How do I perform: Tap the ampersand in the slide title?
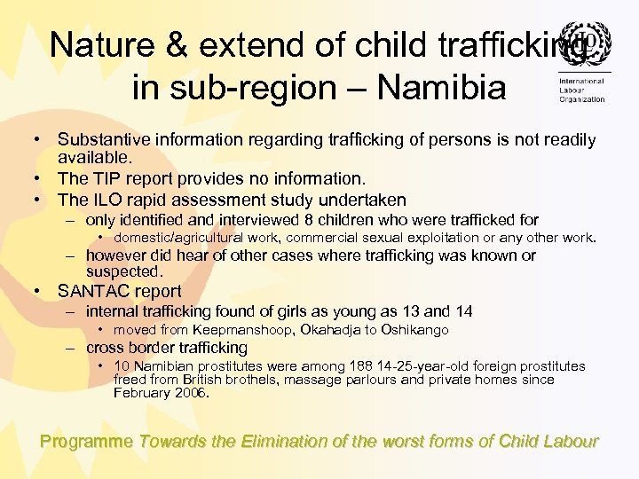185,44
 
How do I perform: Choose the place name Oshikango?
416,330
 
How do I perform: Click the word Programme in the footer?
87,441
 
